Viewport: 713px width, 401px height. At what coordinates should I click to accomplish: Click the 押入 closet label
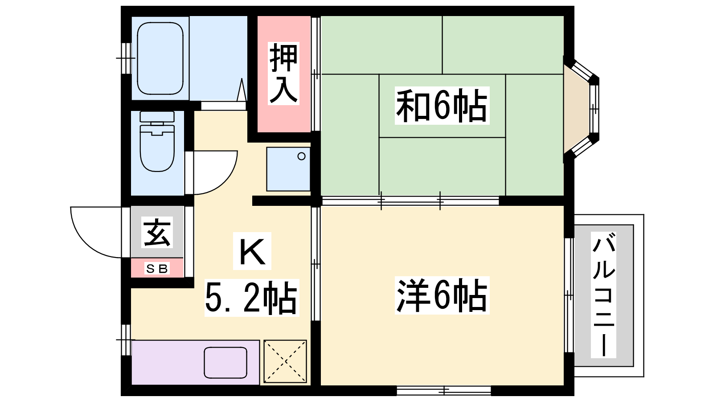tap(283, 74)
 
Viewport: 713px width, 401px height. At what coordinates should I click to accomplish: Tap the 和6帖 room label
tap(442, 106)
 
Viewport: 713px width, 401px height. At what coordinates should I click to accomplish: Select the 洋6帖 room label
tap(442, 295)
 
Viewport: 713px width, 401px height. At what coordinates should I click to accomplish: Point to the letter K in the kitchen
tap(252, 251)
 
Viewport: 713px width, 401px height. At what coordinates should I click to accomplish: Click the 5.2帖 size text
tap(251, 298)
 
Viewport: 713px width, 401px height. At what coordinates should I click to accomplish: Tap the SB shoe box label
tap(157, 268)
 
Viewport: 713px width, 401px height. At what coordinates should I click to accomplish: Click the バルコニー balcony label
tap(603, 295)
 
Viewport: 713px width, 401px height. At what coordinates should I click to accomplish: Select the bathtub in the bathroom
tap(160, 58)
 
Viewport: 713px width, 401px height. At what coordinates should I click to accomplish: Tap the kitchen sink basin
tap(225, 363)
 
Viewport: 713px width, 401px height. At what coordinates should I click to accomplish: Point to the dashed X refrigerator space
tap(285, 361)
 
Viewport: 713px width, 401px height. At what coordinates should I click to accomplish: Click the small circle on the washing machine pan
tap(301, 156)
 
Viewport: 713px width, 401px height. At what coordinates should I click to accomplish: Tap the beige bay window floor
tap(576, 109)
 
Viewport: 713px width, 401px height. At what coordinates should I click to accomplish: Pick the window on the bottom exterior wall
tap(444, 390)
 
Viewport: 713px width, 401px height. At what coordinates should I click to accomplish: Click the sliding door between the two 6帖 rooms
tap(410, 201)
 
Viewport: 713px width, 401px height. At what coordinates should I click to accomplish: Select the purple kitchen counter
tap(196, 363)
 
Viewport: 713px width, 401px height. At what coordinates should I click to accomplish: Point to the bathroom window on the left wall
tap(127, 58)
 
